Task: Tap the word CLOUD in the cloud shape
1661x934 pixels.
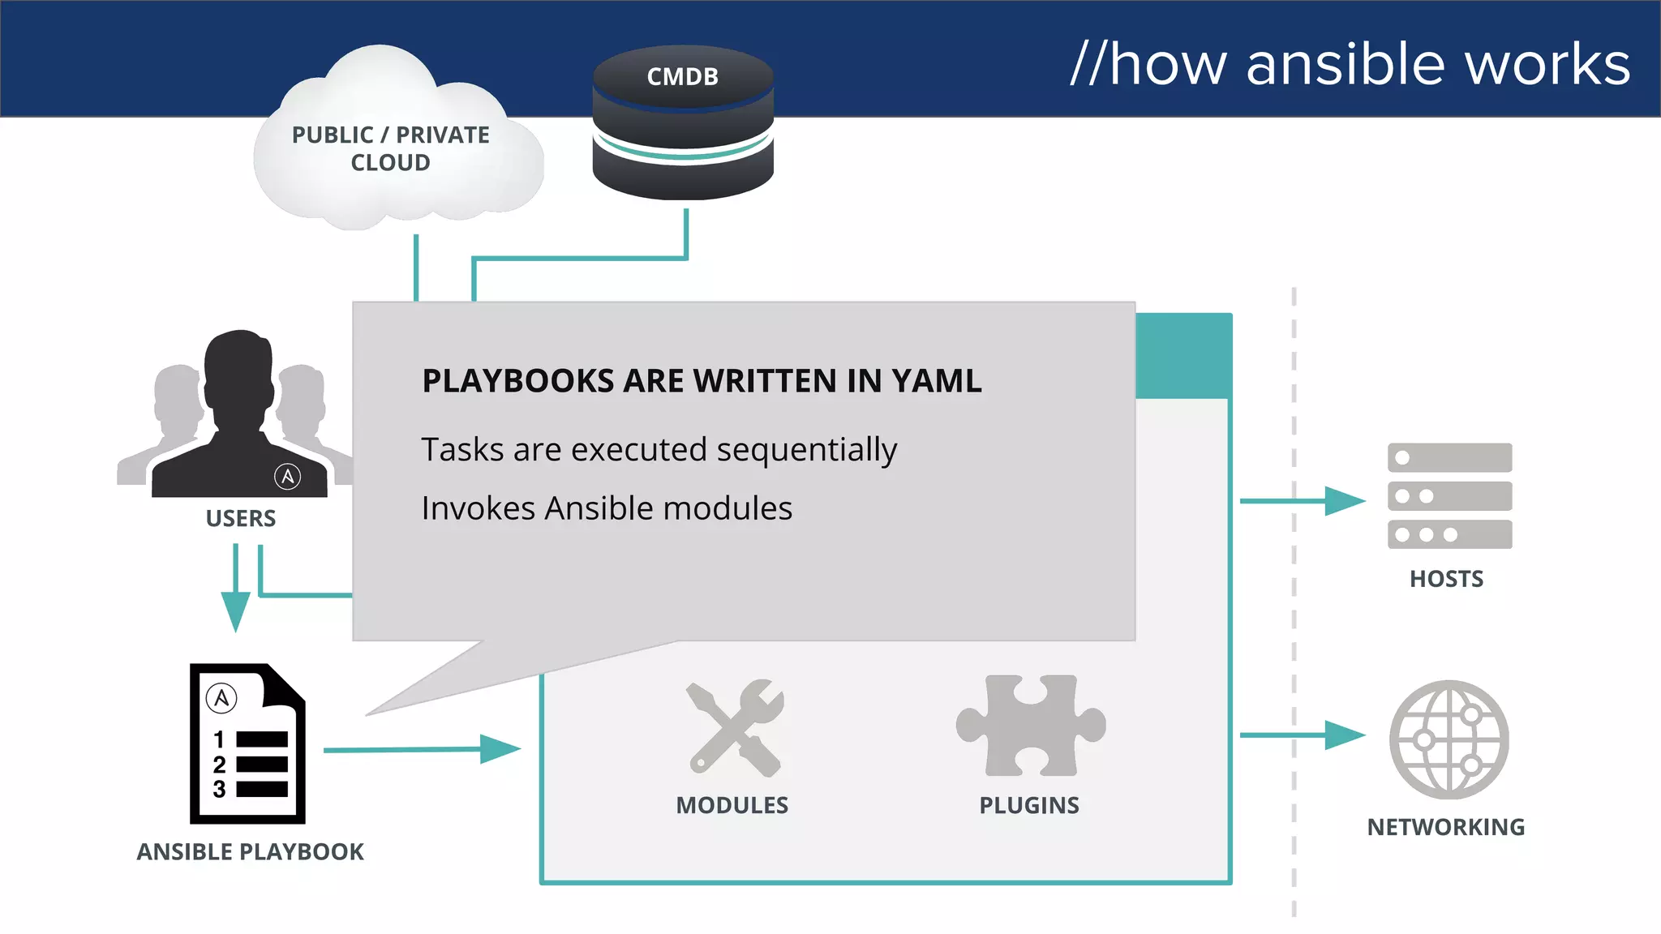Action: point(390,163)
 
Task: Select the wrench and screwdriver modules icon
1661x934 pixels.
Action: point(735,728)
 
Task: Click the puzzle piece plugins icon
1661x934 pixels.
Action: point(1030,725)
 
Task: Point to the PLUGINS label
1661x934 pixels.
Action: point(1028,805)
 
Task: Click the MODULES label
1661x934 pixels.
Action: point(732,805)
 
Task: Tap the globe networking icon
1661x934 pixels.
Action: point(1449,739)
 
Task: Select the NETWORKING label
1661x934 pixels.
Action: point(1445,827)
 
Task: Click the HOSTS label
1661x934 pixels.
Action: point(1446,579)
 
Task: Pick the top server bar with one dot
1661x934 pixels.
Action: point(1449,457)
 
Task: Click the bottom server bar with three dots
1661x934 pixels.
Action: point(1449,534)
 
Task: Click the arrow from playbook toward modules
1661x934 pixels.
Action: point(422,749)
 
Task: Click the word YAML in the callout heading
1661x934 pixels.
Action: point(936,381)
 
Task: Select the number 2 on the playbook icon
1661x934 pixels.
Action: point(219,765)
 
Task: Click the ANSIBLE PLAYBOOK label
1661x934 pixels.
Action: point(250,852)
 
